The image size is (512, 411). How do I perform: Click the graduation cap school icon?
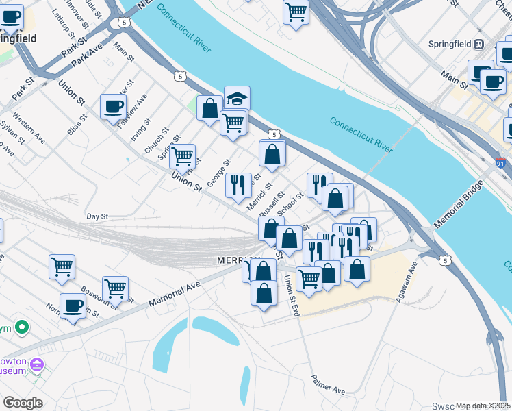tap(237, 98)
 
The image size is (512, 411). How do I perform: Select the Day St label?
tap(97, 216)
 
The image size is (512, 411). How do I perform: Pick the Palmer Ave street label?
tap(328, 384)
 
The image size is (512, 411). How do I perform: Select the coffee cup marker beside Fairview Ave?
tap(113, 107)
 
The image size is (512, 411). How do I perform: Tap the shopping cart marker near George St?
tap(182, 156)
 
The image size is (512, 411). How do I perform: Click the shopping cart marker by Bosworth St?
tap(115, 288)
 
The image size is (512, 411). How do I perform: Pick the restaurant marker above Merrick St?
tap(238, 185)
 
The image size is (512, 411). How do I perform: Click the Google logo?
tap(23, 403)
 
